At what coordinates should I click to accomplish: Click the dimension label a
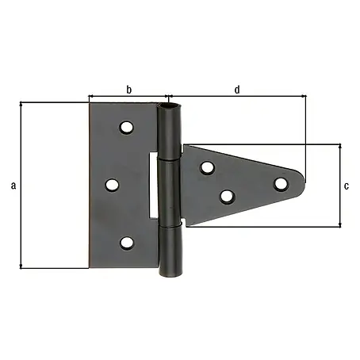[13, 186]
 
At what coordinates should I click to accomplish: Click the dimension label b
[128, 90]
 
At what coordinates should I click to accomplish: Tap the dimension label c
[347, 186]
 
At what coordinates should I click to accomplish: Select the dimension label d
[237, 90]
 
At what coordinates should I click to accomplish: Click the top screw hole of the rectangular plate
[126, 128]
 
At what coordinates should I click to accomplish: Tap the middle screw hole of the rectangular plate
[112, 185]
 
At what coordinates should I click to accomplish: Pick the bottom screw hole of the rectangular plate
[126, 243]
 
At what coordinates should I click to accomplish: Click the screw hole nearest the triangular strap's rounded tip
[281, 184]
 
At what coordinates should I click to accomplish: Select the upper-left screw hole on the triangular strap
[207, 167]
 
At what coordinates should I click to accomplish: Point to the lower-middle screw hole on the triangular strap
[228, 197]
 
